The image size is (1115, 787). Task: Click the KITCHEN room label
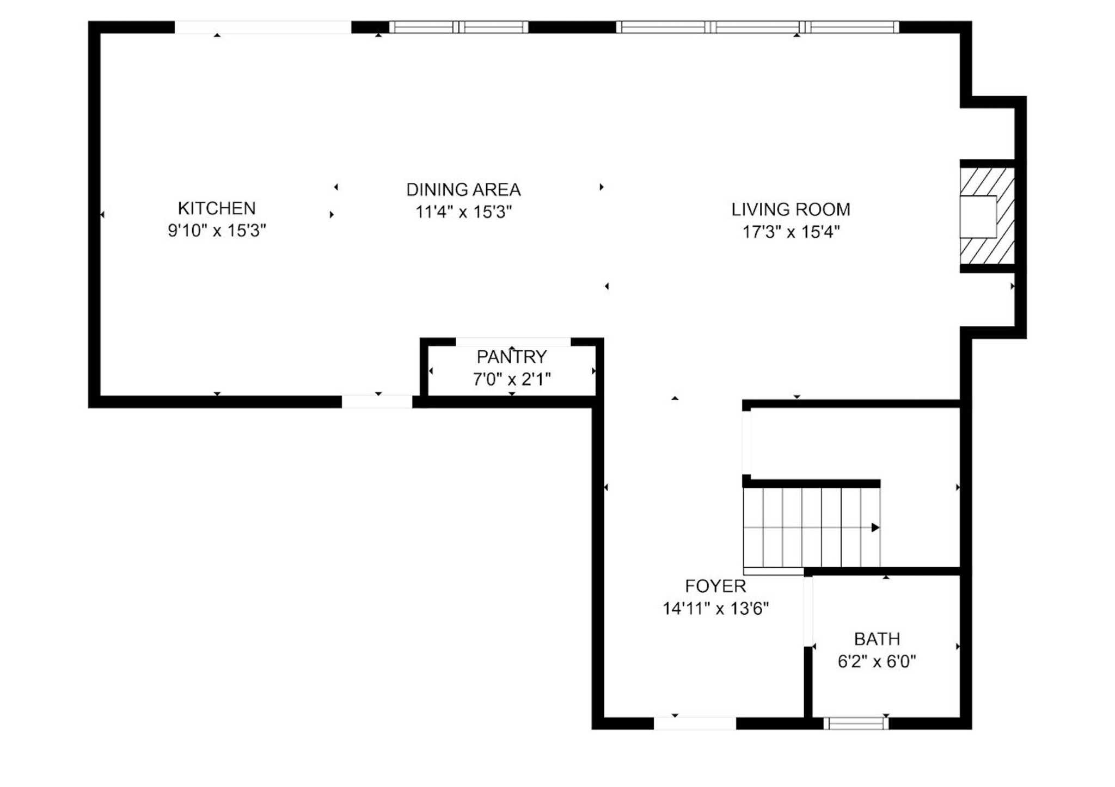click(217, 208)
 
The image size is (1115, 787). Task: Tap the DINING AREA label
click(463, 190)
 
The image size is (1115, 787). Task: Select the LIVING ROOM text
click(791, 209)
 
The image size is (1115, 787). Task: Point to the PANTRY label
click(512, 357)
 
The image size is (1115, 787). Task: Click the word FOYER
click(715, 586)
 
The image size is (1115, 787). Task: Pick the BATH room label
click(877, 639)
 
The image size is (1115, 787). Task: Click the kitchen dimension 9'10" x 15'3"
click(217, 231)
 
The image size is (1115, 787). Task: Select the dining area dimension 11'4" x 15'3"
click(464, 212)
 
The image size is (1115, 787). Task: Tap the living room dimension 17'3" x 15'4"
click(791, 232)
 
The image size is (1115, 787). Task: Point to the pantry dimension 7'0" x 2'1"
click(512, 379)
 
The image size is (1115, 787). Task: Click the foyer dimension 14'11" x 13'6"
click(715, 608)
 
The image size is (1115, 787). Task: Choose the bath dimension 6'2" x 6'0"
click(877, 661)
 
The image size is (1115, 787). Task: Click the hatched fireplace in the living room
click(987, 216)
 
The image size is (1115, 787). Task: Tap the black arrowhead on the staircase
click(875, 527)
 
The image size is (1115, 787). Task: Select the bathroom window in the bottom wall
click(856, 723)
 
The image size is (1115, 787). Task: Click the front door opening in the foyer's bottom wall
click(695, 723)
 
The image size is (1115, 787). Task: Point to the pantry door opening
click(513, 342)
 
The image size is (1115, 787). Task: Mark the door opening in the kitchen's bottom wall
click(377, 401)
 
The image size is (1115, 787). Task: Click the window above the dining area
click(458, 27)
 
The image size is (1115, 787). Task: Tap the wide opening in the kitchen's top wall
click(262, 27)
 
